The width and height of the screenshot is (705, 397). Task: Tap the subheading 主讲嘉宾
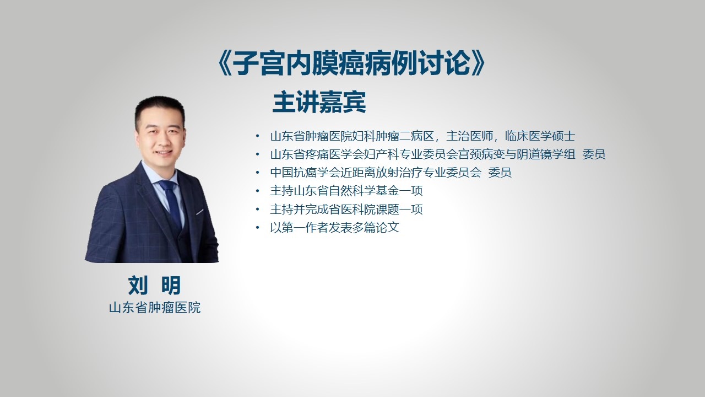coord(319,102)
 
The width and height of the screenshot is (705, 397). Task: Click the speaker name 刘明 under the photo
coord(154,286)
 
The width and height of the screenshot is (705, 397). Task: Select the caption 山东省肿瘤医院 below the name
coord(155,308)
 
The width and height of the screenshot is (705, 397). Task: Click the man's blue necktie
coord(171,202)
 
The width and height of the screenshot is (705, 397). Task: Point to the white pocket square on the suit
coord(199,212)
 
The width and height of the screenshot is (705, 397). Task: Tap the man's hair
coord(159,109)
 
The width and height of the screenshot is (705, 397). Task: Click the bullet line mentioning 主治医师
coord(422,136)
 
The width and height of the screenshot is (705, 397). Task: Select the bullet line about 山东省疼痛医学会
coord(438,154)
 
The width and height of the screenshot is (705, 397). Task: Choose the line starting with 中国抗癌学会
coord(391,173)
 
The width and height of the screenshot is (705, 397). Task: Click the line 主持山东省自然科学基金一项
coord(346,191)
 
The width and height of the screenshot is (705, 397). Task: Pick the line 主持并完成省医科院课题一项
coord(346,209)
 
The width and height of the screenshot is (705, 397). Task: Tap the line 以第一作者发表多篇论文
coord(334,228)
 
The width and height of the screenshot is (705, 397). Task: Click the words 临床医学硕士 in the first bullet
coord(540,136)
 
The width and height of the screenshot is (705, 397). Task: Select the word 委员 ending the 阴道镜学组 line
coord(594,154)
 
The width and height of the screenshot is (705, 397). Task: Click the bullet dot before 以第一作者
coord(258,227)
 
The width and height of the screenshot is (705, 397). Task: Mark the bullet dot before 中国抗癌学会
coord(258,173)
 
